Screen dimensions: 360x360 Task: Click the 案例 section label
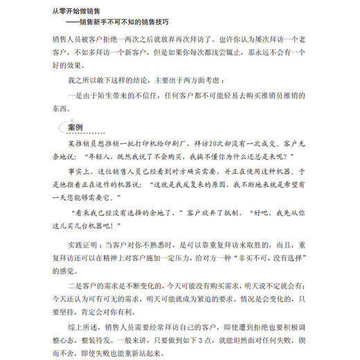pos(76,127)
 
